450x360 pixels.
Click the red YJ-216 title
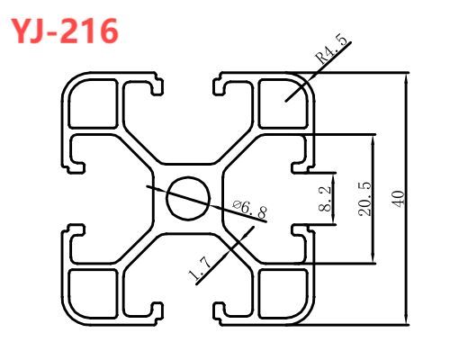pos(65,31)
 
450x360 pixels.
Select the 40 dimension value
pos(398,198)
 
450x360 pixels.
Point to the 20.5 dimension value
pos(364,199)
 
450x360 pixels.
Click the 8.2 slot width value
pos(325,199)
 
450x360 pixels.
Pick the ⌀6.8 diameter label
pos(249,209)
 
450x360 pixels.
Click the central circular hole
pos(188,198)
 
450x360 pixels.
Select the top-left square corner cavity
pos(93,103)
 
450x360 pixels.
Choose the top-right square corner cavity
pos(283,103)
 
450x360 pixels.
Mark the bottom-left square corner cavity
pos(93,293)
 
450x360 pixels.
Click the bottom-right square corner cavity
pos(283,293)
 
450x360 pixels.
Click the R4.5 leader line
pos(318,71)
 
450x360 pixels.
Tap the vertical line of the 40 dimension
pos(406,199)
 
